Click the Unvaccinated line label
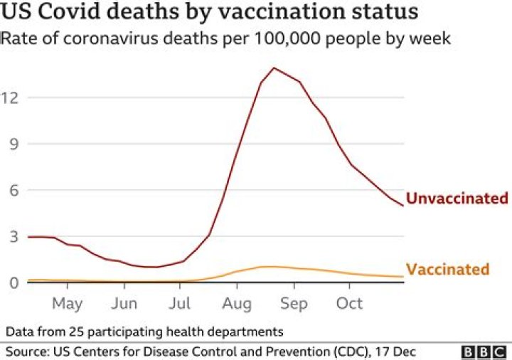tap(457, 198)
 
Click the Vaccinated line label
tap(448, 270)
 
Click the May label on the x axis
tap(67, 304)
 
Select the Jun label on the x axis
tap(124, 304)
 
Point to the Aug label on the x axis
tap(236, 304)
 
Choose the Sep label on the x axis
tap(293, 304)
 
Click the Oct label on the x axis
tap(349, 304)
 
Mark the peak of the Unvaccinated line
tap(274, 68)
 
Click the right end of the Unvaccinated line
tap(403, 206)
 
